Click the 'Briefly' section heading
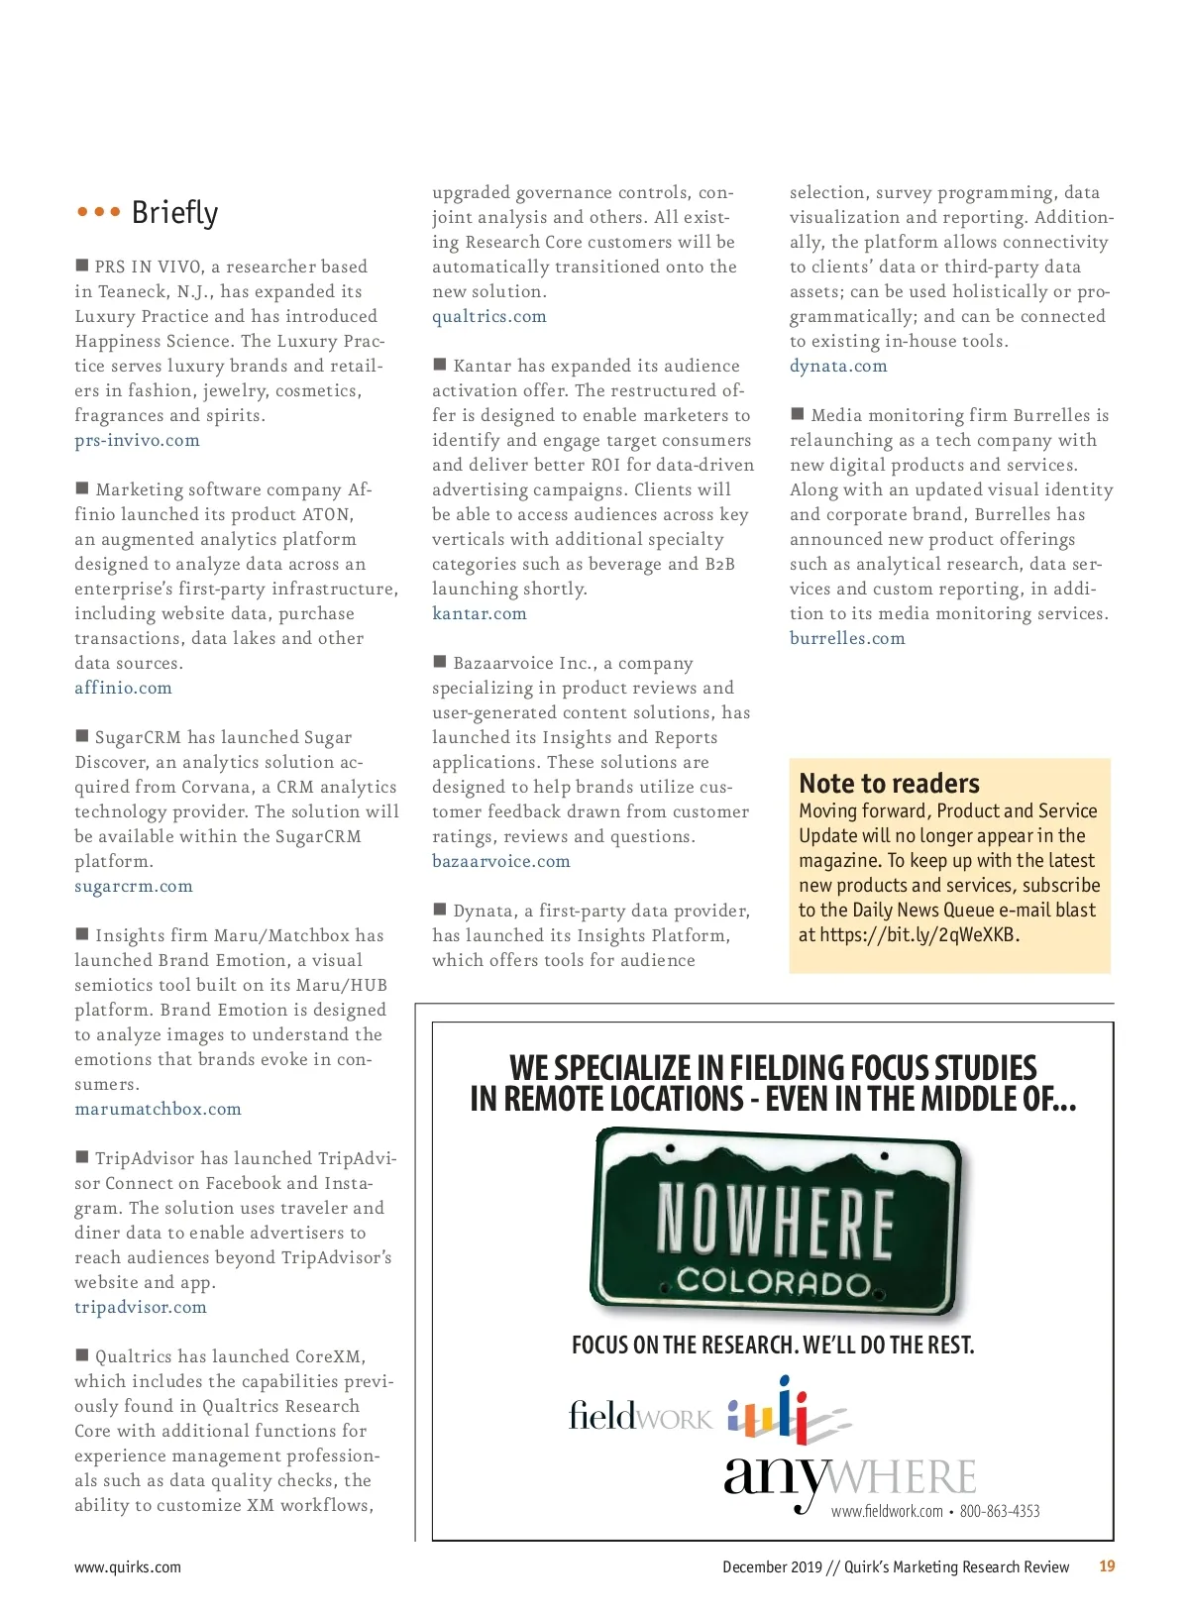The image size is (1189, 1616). (x=173, y=213)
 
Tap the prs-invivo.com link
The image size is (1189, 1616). (x=137, y=440)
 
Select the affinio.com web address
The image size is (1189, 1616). (x=123, y=688)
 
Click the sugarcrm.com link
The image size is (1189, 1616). (x=134, y=886)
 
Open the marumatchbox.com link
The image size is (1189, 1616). (x=158, y=1109)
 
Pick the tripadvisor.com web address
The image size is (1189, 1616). (x=141, y=1307)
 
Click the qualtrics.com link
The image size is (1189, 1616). (x=488, y=316)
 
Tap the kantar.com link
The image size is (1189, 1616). (x=479, y=613)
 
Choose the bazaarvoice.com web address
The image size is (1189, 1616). (x=500, y=861)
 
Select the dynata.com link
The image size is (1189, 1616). (x=837, y=366)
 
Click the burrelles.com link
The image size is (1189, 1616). (x=847, y=638)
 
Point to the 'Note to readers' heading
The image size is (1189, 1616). (x=889, y=784)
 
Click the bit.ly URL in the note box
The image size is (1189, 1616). (x=919, y=934)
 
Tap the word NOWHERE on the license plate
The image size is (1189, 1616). (x=775, y=1220)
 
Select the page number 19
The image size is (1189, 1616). (x=1107, y=1566)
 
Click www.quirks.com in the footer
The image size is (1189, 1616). (x=128, y=1567)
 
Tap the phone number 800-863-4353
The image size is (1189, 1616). (x=1000, y=1511)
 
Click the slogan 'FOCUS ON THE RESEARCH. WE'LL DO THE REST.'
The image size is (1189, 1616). (x=773, y=1345)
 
